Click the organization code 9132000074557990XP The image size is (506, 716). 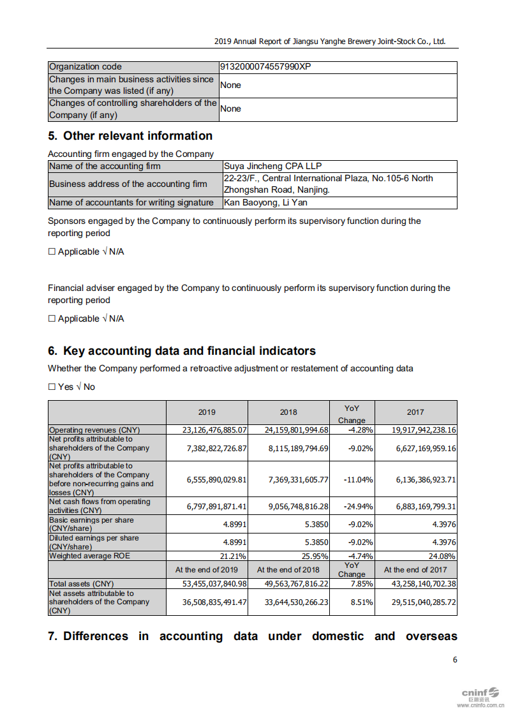[x=265, y=67]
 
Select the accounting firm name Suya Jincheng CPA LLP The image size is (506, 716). [x=268, y=166]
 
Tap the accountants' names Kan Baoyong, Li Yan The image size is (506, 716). [x=265, y=202]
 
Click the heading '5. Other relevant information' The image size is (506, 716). [x=130, y=136]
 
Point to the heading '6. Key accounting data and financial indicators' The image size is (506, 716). [x=182, y=351]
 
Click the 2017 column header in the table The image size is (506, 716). [x=415, y=412]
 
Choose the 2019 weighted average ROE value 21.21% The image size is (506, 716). [x=234, y=556]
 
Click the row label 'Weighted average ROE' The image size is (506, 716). [x=89, y=556]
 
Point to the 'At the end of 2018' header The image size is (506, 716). [x=288, y=570]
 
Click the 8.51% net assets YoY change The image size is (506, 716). [x=361, y=602]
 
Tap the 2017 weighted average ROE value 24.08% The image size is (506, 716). [x=442, y=556]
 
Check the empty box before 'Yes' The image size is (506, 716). [x=52, y=387]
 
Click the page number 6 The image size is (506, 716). [x=455, y=660]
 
